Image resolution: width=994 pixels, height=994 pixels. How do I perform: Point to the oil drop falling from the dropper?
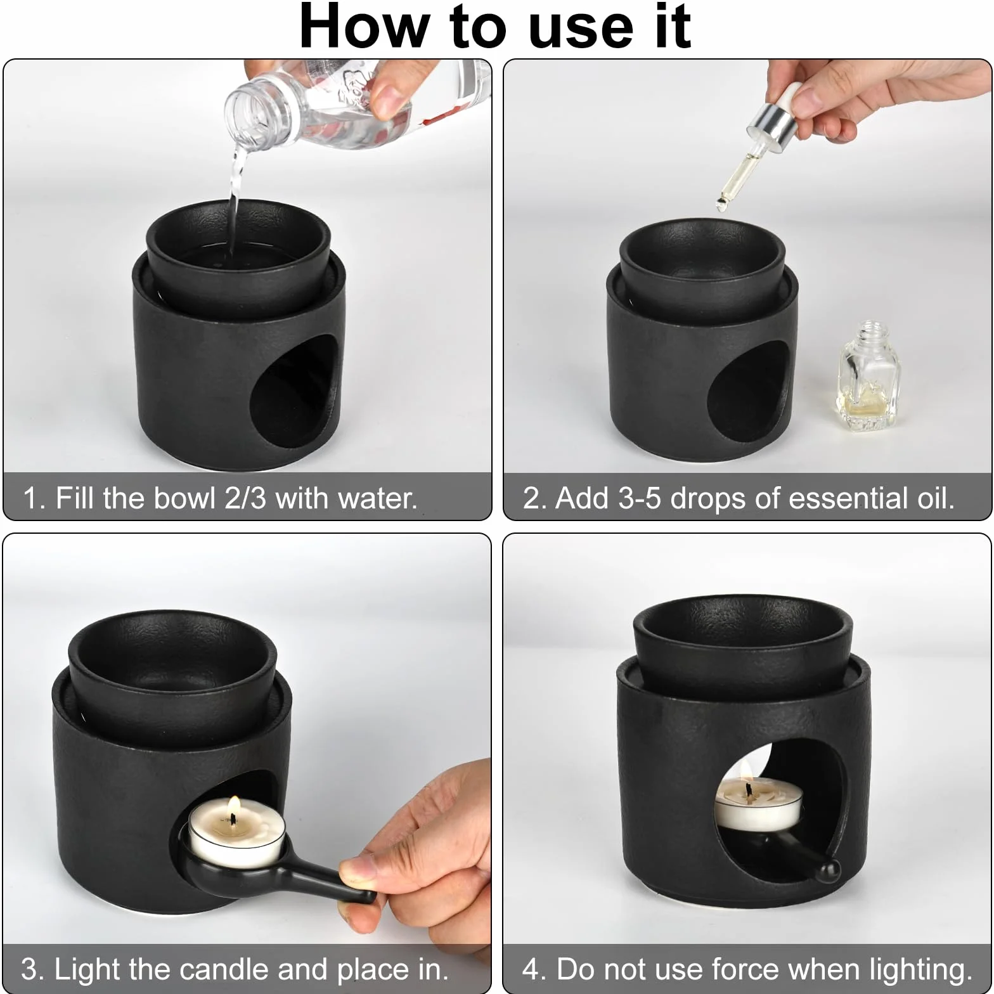coord(721,203)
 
